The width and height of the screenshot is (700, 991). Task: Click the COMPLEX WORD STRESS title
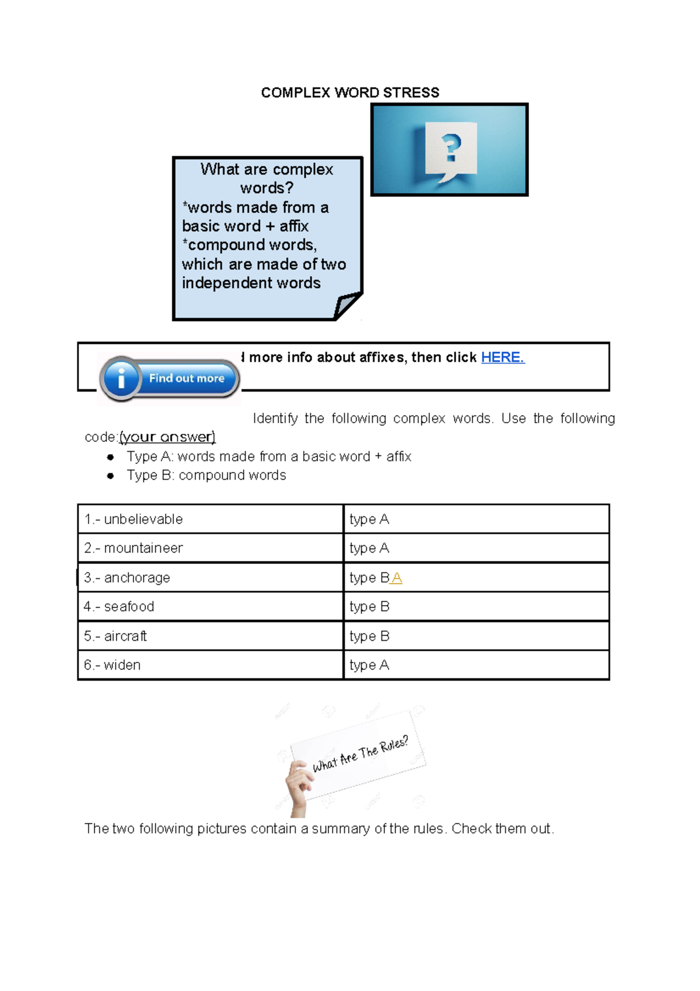(x=350, y=93)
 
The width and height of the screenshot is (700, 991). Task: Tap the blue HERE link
(x=502, y=357)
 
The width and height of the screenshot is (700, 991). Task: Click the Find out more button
(x=170, y=379)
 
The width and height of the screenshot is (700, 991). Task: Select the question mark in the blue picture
(x=451, y=148)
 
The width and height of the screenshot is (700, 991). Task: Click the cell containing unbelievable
(x=210, y=519)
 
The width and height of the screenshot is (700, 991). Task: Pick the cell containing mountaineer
(x=210, y=548)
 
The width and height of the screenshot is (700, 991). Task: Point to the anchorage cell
(x=210, y=577)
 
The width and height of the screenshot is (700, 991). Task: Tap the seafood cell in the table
(x=210, y=606)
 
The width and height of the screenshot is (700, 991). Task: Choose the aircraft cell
(x=210, y=636)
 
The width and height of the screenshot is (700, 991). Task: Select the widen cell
(x=210, y=665)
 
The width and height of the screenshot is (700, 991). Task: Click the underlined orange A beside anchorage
(x=397, y=578)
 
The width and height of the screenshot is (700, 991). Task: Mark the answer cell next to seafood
(x=476, y=606)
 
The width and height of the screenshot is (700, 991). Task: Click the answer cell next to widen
(x=476, y=665)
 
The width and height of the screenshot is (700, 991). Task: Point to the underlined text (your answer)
(x=167, y=437)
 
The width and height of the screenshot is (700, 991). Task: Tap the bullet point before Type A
(x=110, y=457)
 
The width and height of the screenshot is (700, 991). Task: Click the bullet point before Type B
(x=110, y=476)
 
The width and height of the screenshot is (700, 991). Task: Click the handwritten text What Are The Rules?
(x=360, y=754)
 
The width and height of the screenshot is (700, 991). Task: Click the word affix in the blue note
(x=294, y=226)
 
